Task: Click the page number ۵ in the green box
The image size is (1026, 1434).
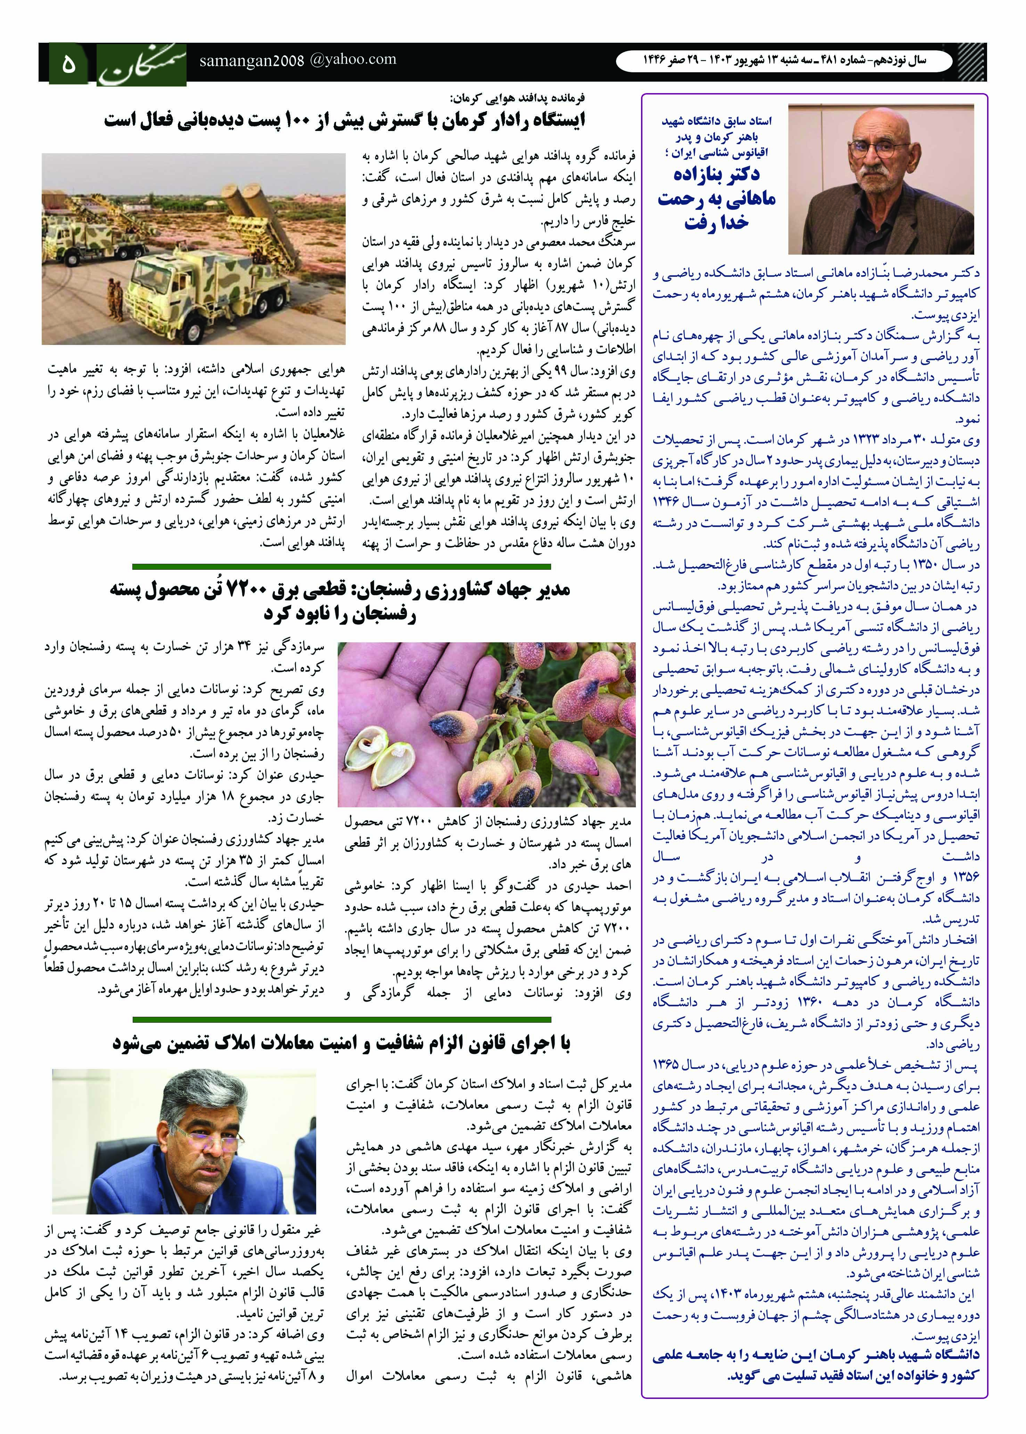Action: [68, 64]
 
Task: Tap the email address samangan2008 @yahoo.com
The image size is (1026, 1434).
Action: [297, 60]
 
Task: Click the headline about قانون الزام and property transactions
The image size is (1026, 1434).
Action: [341, 1044]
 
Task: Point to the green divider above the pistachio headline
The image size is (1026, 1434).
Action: [341, 567]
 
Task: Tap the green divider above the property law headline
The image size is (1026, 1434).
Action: [341, 1020]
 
